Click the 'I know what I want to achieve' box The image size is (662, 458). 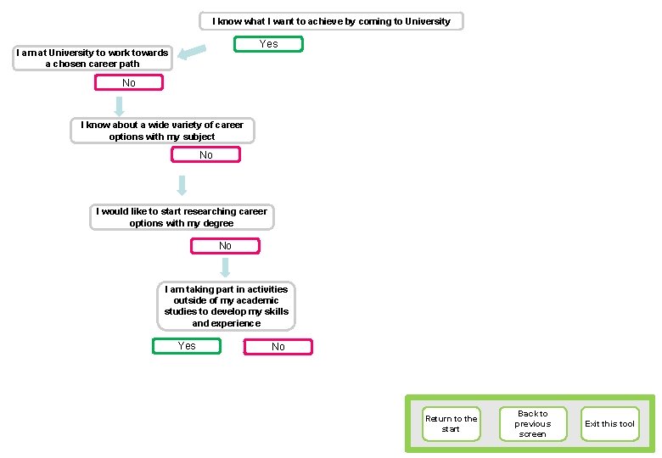(331, 21)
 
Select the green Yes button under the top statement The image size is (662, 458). (268, 44)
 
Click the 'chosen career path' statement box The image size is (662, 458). (93, 58)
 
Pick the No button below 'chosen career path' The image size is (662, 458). (129, 83)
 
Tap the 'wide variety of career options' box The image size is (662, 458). (162, 131)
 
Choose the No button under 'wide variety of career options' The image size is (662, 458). (205, 155)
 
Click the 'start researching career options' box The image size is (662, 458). (182, 217)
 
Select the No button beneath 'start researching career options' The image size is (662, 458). (225, 246)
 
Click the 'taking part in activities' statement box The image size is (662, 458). (227, 306)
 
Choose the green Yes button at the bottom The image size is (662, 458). (187, 346)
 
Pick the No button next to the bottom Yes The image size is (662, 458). (278, 347)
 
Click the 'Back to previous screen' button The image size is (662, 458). (532, 424)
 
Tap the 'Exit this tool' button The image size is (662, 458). (609, 424)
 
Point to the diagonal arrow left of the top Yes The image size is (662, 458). (194, 53)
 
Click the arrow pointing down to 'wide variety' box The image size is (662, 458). (119, 105)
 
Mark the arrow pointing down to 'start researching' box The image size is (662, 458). (182, 185)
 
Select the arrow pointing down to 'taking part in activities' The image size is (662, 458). (225, 267)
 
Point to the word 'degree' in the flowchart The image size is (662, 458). (216, 223)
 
